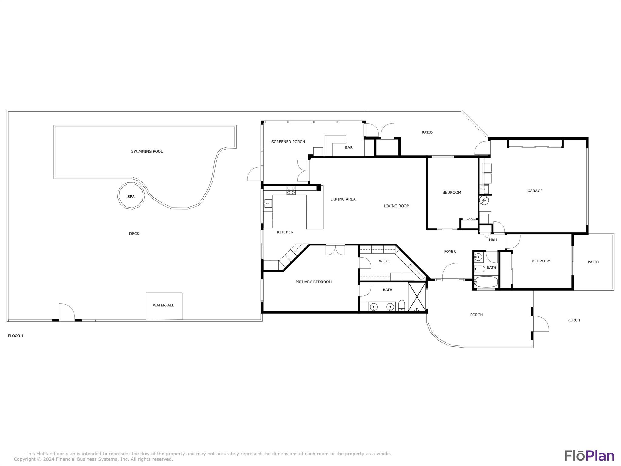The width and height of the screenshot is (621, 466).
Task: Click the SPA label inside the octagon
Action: (x=131, y=197)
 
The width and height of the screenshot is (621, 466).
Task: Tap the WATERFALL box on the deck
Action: (x=164, y=306)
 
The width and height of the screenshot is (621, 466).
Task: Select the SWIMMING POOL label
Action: (x=147, y=151)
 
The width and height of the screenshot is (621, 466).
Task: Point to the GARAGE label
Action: (x=535, y=191)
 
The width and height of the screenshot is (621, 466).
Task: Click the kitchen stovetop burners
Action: (x=291, y=191)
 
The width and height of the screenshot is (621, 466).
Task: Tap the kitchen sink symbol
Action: (x=268, y=203)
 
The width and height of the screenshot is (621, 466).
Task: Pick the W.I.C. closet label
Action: (x=384, y=261)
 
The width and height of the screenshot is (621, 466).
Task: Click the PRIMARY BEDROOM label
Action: (x=314, y=282)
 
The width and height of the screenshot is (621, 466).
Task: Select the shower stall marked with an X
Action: (x=417, y=297)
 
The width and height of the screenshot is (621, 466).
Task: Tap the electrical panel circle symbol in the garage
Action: (x=484, y=200)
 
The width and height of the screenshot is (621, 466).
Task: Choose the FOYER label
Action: (x=450, y=252)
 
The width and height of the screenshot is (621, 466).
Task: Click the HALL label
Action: (x=494, y=240)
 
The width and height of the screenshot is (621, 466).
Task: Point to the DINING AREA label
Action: (x=343, y=199)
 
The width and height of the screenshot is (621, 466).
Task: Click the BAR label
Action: (x=349, y=147)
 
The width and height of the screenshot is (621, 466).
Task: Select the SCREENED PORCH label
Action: (x=288, y=142)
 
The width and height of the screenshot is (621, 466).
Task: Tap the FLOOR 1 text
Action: (x=16, y=336)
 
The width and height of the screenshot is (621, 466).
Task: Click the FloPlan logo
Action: (x=589, y=456)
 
